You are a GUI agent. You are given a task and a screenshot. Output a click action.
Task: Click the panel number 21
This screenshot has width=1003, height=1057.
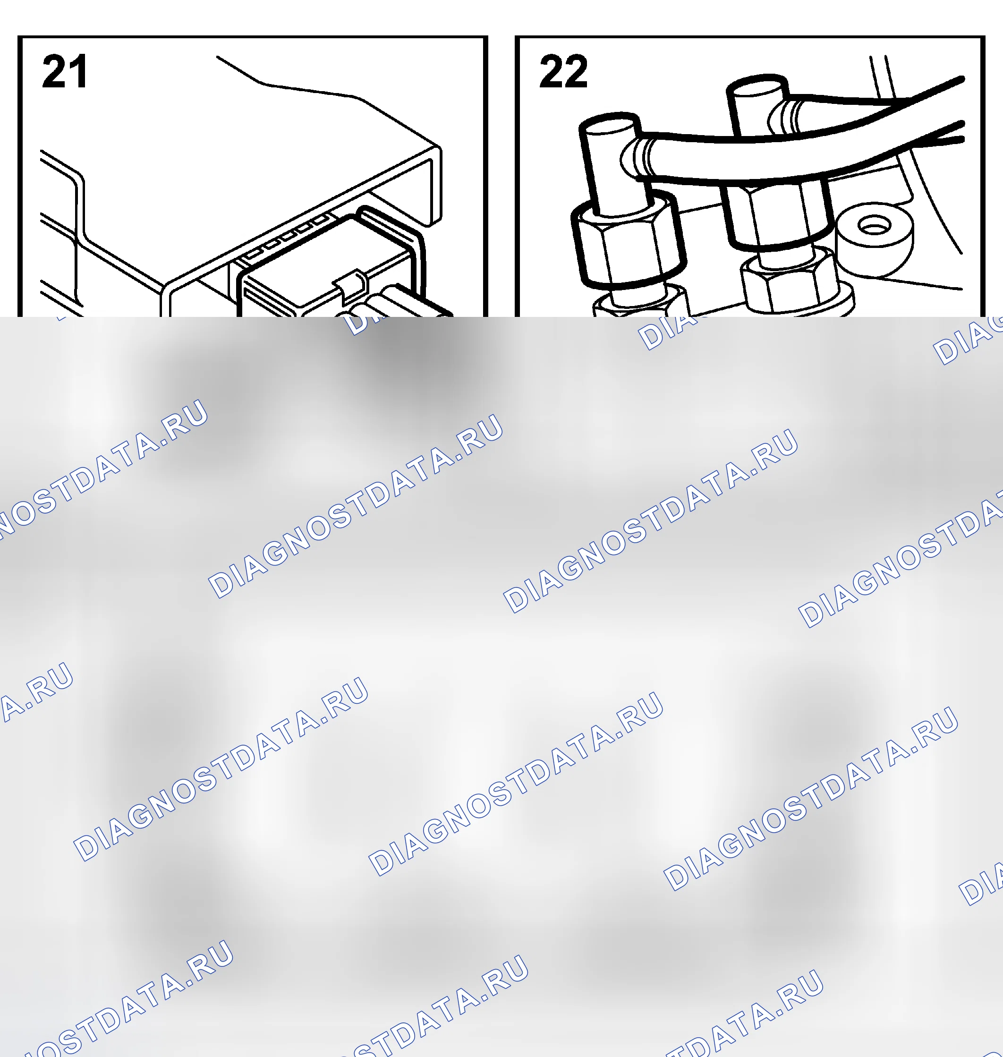(x=64, y=71)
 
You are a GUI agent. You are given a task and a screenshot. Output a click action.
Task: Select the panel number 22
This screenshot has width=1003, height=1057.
(x=563, y=71)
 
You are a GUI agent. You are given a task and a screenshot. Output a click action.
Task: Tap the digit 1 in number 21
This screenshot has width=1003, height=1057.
(x=78, y=71)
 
